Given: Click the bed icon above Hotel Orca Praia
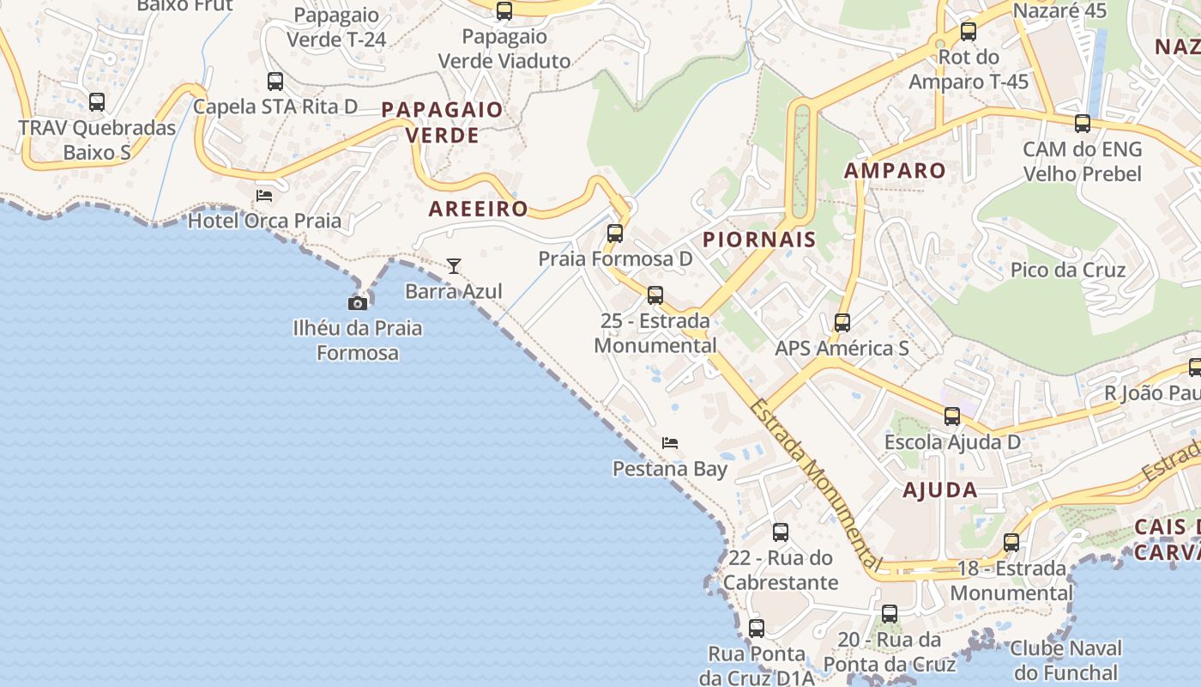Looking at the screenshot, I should [264, 196].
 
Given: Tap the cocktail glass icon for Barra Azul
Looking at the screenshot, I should [454, 266].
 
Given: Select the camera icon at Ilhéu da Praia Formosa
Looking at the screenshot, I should [358, 303].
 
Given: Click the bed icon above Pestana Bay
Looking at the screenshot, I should [670, 443].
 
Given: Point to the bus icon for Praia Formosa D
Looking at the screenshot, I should [615, 234].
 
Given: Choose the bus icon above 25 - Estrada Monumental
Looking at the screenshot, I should [655, 295].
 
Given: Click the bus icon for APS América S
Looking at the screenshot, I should [842, 323].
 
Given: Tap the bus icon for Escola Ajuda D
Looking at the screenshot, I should [952, 417].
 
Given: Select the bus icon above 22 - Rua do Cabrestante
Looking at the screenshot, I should [781, 532].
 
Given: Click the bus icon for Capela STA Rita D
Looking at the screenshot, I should [275, 82].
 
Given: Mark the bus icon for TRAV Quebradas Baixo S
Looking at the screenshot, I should [97, 102].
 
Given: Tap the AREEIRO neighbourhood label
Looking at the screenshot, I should [478, 209].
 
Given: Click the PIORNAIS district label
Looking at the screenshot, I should [759, 240].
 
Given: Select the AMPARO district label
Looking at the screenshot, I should [895, 170].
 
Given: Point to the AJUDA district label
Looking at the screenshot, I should [940, 490].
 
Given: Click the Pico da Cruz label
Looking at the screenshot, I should [1068, 270].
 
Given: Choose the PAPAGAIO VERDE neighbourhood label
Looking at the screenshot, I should [442, 122].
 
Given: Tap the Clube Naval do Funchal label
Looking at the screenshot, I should [1065, 660].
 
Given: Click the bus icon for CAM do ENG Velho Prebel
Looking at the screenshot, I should [1083, 124].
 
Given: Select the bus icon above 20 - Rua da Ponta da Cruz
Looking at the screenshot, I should [890, 614].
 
